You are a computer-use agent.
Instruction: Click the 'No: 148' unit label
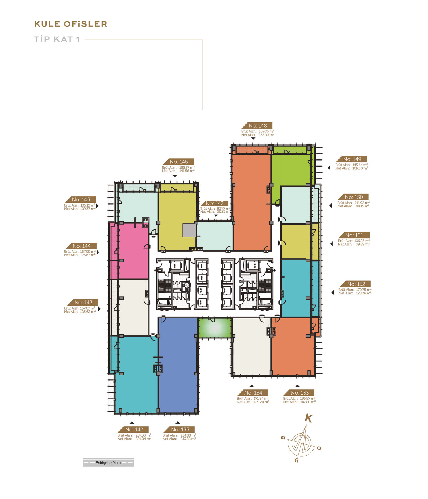(257, 126)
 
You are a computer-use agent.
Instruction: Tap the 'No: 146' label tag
(179, 162)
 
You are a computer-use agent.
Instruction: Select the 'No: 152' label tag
(356, 284)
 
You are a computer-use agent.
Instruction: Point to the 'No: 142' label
(134, 429)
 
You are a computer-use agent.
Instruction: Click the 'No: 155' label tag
(179, 429)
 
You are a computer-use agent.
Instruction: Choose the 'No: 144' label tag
(81, 246)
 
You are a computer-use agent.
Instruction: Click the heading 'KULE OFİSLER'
(70, 24)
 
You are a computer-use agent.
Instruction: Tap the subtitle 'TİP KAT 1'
(57, 39)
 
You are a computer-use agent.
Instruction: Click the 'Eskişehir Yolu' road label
(108, 463)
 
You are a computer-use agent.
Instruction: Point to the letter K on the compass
(309, 418)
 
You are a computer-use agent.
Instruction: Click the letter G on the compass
(297, 460)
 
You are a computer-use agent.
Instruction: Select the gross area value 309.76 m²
(266, 131)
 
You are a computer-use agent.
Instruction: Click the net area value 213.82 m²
(188, 439)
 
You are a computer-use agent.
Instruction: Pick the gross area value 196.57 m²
(308, 398)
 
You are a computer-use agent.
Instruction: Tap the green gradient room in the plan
(215, 328)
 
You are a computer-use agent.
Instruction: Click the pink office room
(129, 251)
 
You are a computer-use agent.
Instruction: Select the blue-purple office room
(178, 365)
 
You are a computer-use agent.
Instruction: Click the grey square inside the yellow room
(189, 230)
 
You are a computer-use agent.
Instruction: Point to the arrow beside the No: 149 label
(329, 168)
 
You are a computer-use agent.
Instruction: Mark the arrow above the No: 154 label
(251, 386)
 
